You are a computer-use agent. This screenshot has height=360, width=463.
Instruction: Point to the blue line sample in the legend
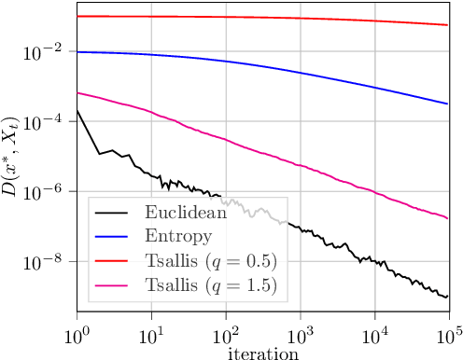(115, 234)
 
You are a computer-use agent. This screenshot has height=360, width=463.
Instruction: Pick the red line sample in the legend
(115, 256)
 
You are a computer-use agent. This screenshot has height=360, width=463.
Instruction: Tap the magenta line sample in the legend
(115, 280)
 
